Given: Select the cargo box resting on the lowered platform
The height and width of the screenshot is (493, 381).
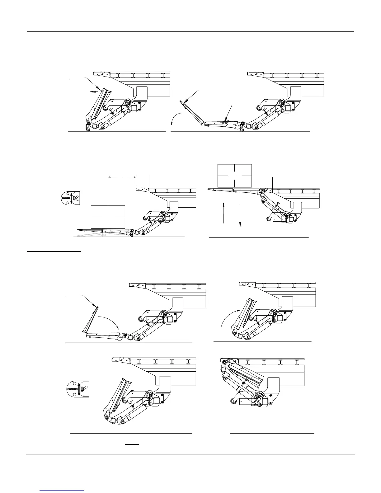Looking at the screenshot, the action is point(108,217).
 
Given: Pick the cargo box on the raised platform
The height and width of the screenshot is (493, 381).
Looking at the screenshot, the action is point(234,176).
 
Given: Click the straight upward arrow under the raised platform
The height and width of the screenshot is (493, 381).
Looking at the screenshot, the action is point(224,212).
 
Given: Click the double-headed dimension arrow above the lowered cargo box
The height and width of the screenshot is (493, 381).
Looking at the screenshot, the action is point(122,177).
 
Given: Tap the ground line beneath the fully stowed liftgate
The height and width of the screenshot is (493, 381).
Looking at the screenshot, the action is point(272,433).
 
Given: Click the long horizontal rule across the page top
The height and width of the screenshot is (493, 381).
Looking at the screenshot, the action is point(190,32).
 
